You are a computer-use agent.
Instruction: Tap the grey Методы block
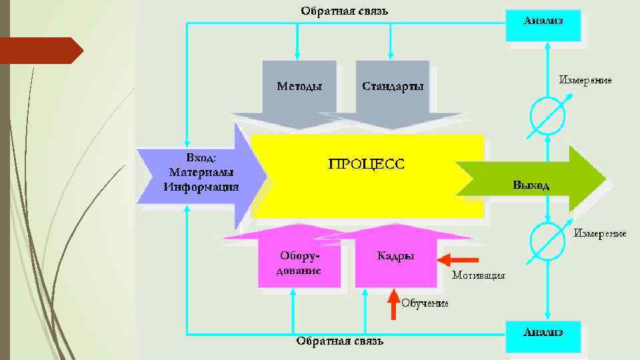click(299, 87)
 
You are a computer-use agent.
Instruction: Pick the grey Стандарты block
click(392, 87)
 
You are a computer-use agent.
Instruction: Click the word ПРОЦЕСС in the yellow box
click(366, 164)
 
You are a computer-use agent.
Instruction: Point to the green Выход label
click(531, 185)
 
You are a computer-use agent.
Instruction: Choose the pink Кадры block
click(395, 257)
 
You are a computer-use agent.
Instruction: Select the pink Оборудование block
click(299, 263)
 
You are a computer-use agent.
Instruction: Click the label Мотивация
click(478, 275)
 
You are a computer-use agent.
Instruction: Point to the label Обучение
click(425, 303)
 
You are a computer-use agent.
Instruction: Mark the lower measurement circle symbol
click(547, 242)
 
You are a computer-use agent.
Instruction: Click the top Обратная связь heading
click(344, 11)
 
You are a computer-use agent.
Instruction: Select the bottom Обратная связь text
click(340, 341)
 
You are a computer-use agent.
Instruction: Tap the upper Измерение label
click(585, 80)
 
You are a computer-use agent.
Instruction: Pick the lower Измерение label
click(600, 233)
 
